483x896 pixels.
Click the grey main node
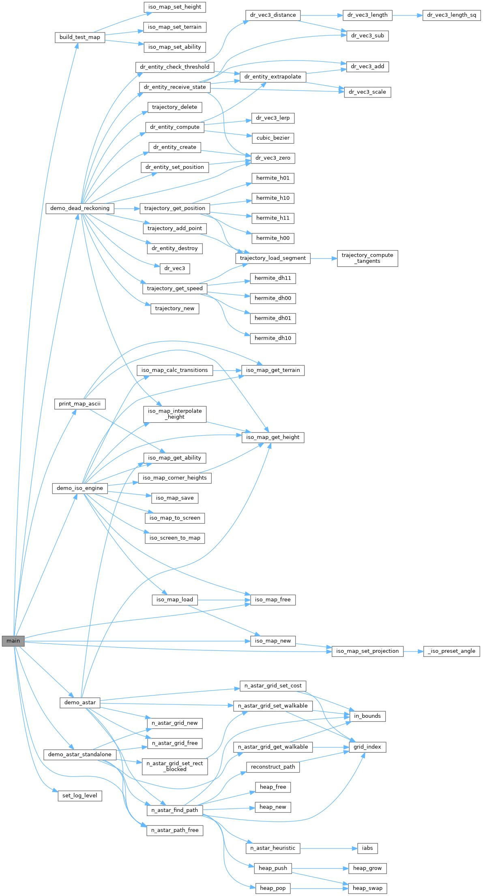click(x=13, y=641)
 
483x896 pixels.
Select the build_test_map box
click(x=79, y=37)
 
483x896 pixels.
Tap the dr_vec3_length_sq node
click(x=451, y=15)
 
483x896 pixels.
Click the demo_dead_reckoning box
click(x=79, y=208)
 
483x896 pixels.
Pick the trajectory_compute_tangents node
click(x=367, y=258)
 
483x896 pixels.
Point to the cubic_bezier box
click(x=273, y=138)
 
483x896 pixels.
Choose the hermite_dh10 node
click(x=273, y=338)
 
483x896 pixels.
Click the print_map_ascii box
click(x=79, y=404)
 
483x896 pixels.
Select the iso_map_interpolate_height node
click(x=175, y=414)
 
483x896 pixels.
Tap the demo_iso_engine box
click(x=79, y=488)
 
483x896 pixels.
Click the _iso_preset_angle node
click(x=451, y=651)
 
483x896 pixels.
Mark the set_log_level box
click(x=79, y=796)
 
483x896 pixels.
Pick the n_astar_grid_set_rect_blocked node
click(x=175, y=766)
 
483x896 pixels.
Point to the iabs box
click(x=367, y=848)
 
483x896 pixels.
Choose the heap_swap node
click(x=367, y=888)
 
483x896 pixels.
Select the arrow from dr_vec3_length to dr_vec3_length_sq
click(x=407, y=15)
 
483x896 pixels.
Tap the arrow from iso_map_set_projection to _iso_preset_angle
click(x=413, y=651)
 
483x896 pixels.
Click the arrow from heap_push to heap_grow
click(x=320, y=868)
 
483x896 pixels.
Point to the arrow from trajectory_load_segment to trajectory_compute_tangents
click(x=324, y=258)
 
